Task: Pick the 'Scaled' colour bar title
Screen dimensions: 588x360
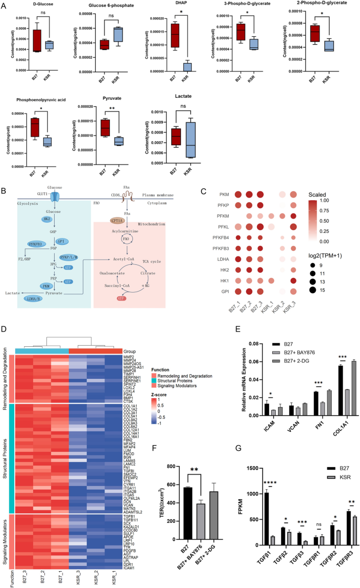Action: (x=323, y=194)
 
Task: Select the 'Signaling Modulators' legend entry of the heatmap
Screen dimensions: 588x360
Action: (x=177, y=393)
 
